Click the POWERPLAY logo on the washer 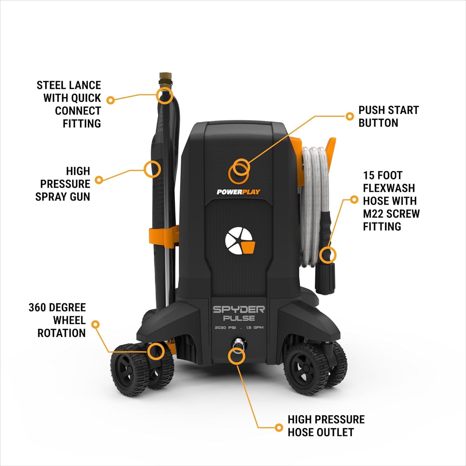pyautogui.click(x=238, y=192)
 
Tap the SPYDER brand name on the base pyautogui.click(x=239, y=309)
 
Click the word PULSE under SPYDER pyautogui.click(x=239, y=318)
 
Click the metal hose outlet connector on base pyautogui.click(x=238, y=345)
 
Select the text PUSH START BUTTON pyautogui.click(x=388, y=116)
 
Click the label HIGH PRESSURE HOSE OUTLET pyautogui.click(x=326, y=426)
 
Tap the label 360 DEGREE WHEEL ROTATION pyautogui.click(x=57, y=320)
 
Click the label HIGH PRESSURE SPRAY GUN pyautogui.click(x=63, y=184)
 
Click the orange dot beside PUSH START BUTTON pyautogui.click(x=350, y=116)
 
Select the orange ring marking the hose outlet pyautogui.click(x=237, y=355)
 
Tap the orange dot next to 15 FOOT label pyautogui.click(x=354, y=199)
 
